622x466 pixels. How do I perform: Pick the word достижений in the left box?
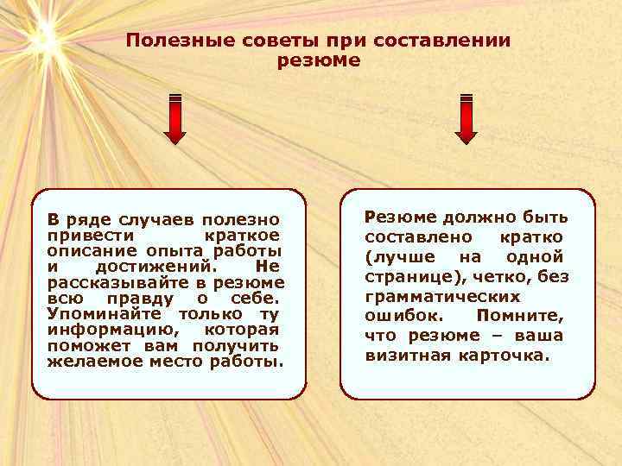click(x=162, y=268)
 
